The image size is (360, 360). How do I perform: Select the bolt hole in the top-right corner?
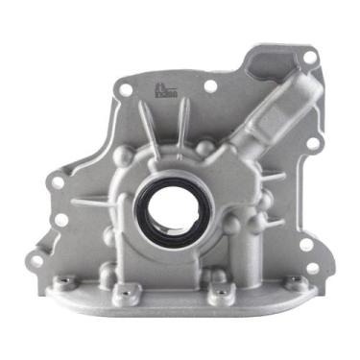309,57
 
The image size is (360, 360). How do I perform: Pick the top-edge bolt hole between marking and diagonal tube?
210,86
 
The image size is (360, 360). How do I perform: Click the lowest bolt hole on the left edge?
36,260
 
